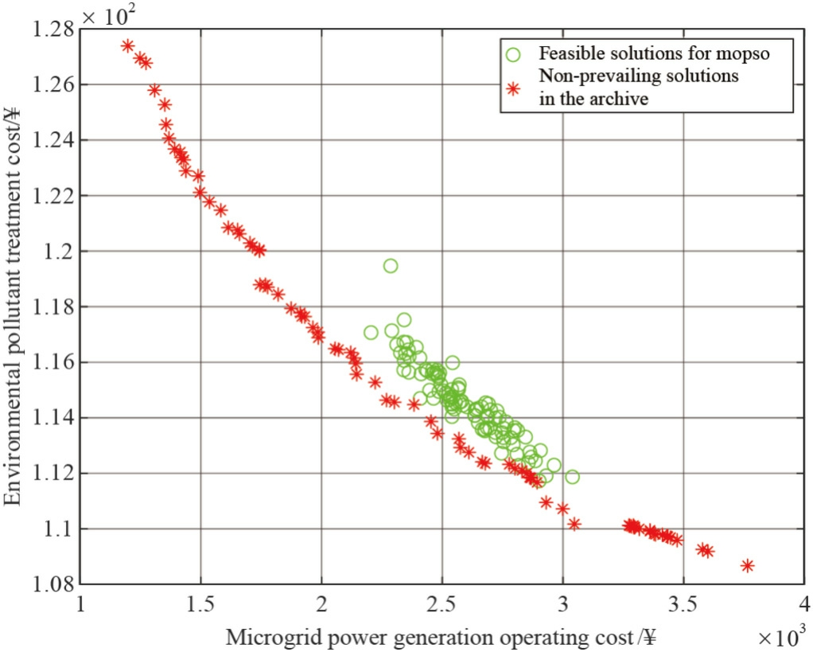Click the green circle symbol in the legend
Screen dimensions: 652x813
(514, 54)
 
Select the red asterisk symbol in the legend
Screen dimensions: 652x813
(514, 88)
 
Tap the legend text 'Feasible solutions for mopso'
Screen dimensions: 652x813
(655, 54)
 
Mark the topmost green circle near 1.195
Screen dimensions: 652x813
(391, 266)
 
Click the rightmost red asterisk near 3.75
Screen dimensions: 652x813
(747, 565)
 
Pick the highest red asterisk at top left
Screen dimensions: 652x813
(127, 45)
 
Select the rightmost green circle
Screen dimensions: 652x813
(572, 477)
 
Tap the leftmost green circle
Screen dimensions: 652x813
(371, 333)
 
